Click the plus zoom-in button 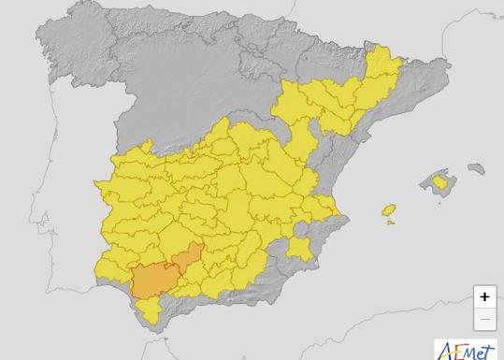[484, 297]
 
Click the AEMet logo [468, 350]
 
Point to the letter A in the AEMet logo [447, 351]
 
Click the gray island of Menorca [477, 169]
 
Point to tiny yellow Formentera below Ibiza [390, 221]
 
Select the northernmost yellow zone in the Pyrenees [378, 65]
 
